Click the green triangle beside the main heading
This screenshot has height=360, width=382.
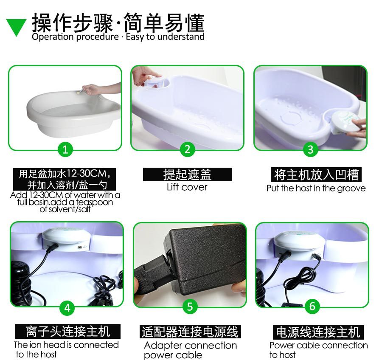16,27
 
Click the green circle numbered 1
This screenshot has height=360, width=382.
65,149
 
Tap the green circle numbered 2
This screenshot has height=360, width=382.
187,149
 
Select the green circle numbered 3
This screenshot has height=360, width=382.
311,149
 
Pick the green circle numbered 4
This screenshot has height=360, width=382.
67,307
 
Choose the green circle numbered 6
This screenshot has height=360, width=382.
312,306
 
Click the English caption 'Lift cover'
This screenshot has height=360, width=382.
187,187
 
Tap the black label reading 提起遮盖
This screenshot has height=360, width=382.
187,174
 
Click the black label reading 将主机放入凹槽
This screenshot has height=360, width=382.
316,174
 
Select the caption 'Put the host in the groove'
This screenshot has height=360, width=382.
316,188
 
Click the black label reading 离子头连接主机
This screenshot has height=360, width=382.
68,331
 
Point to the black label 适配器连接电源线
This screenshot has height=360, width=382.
190,332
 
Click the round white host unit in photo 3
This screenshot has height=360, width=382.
342,123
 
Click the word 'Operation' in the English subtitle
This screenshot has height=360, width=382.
53,37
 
